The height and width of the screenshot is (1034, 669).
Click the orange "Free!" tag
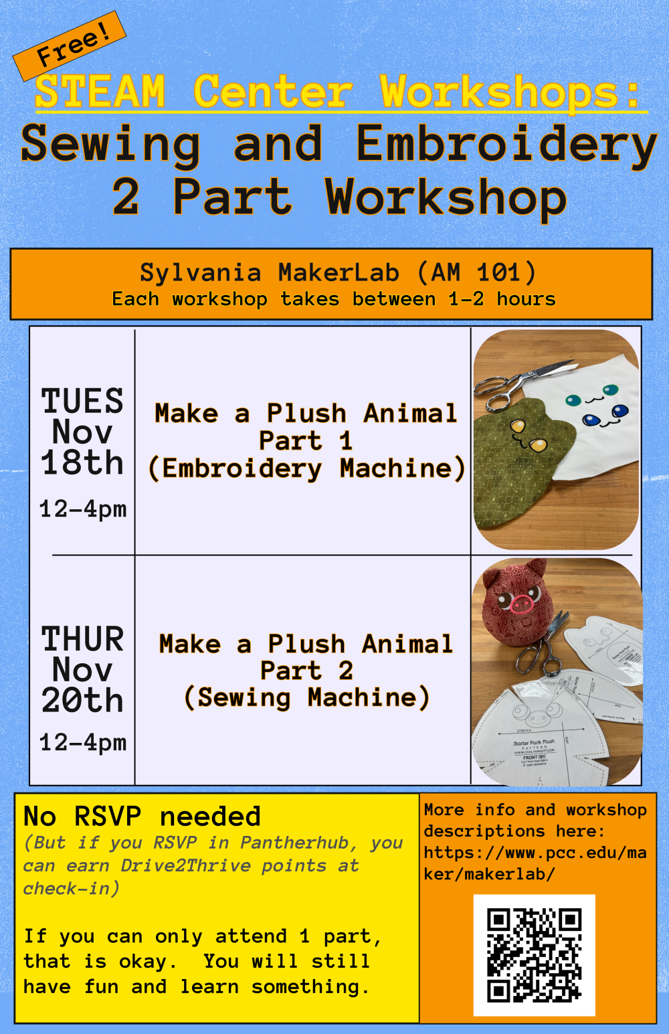click(70, 46)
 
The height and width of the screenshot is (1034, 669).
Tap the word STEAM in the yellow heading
click(100, 92)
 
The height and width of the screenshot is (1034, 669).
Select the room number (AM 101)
click(476, 272)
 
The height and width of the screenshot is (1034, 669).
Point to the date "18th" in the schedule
click(82, 462)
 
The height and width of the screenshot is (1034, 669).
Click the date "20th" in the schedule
click(82, 700)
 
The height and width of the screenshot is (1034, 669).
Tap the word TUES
click(82, 401)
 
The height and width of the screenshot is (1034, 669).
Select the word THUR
click(82, 639)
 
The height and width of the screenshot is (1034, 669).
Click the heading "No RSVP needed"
click(142, 816)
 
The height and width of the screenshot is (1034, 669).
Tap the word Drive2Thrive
click(185, 866)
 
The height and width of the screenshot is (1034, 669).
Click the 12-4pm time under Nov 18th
click(83, 509)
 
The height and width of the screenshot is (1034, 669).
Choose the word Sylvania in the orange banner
click(201, 272)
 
